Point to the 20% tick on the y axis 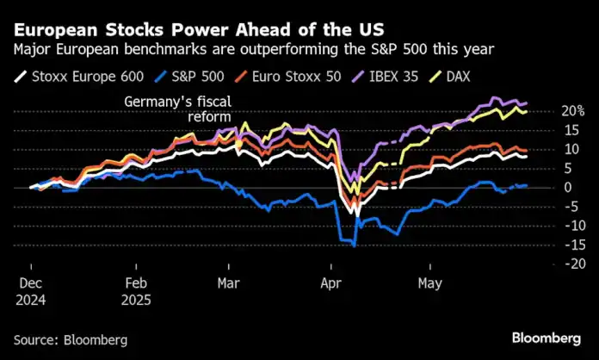(573, 111)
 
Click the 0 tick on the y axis (567, 188)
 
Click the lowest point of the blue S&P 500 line (354, 246)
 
